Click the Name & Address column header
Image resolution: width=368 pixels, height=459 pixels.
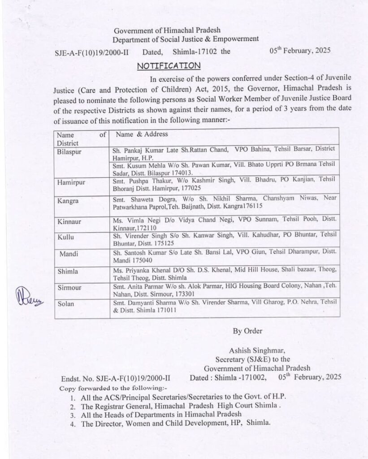142,134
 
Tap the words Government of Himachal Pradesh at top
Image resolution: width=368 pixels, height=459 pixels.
167,31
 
